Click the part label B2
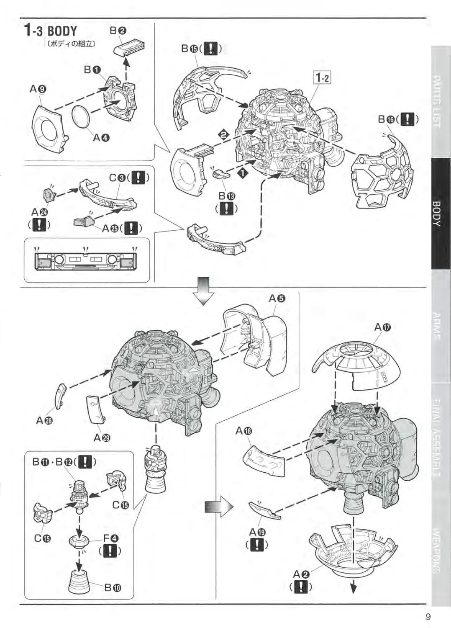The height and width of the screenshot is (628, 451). tap(118, 31)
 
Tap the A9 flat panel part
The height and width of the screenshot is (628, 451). tap(49, 128)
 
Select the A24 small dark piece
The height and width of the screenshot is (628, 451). tap(49, 194)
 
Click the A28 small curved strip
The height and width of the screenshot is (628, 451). tap(60, 396)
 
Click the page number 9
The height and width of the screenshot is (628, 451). tap(428, 616)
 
